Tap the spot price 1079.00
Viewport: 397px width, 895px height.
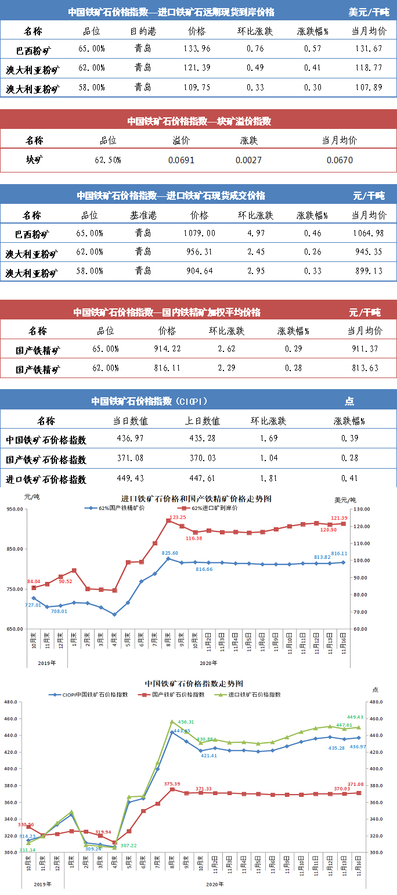click(199, 233)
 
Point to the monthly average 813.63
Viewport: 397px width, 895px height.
click(364, 368)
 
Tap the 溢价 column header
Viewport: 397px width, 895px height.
click(181, 141)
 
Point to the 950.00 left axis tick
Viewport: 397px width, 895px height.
click(14, 509)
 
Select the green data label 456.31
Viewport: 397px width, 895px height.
click(185, 722)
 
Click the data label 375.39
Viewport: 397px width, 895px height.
click(173, 784)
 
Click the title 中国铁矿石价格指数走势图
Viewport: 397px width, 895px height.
click(193, 684)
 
